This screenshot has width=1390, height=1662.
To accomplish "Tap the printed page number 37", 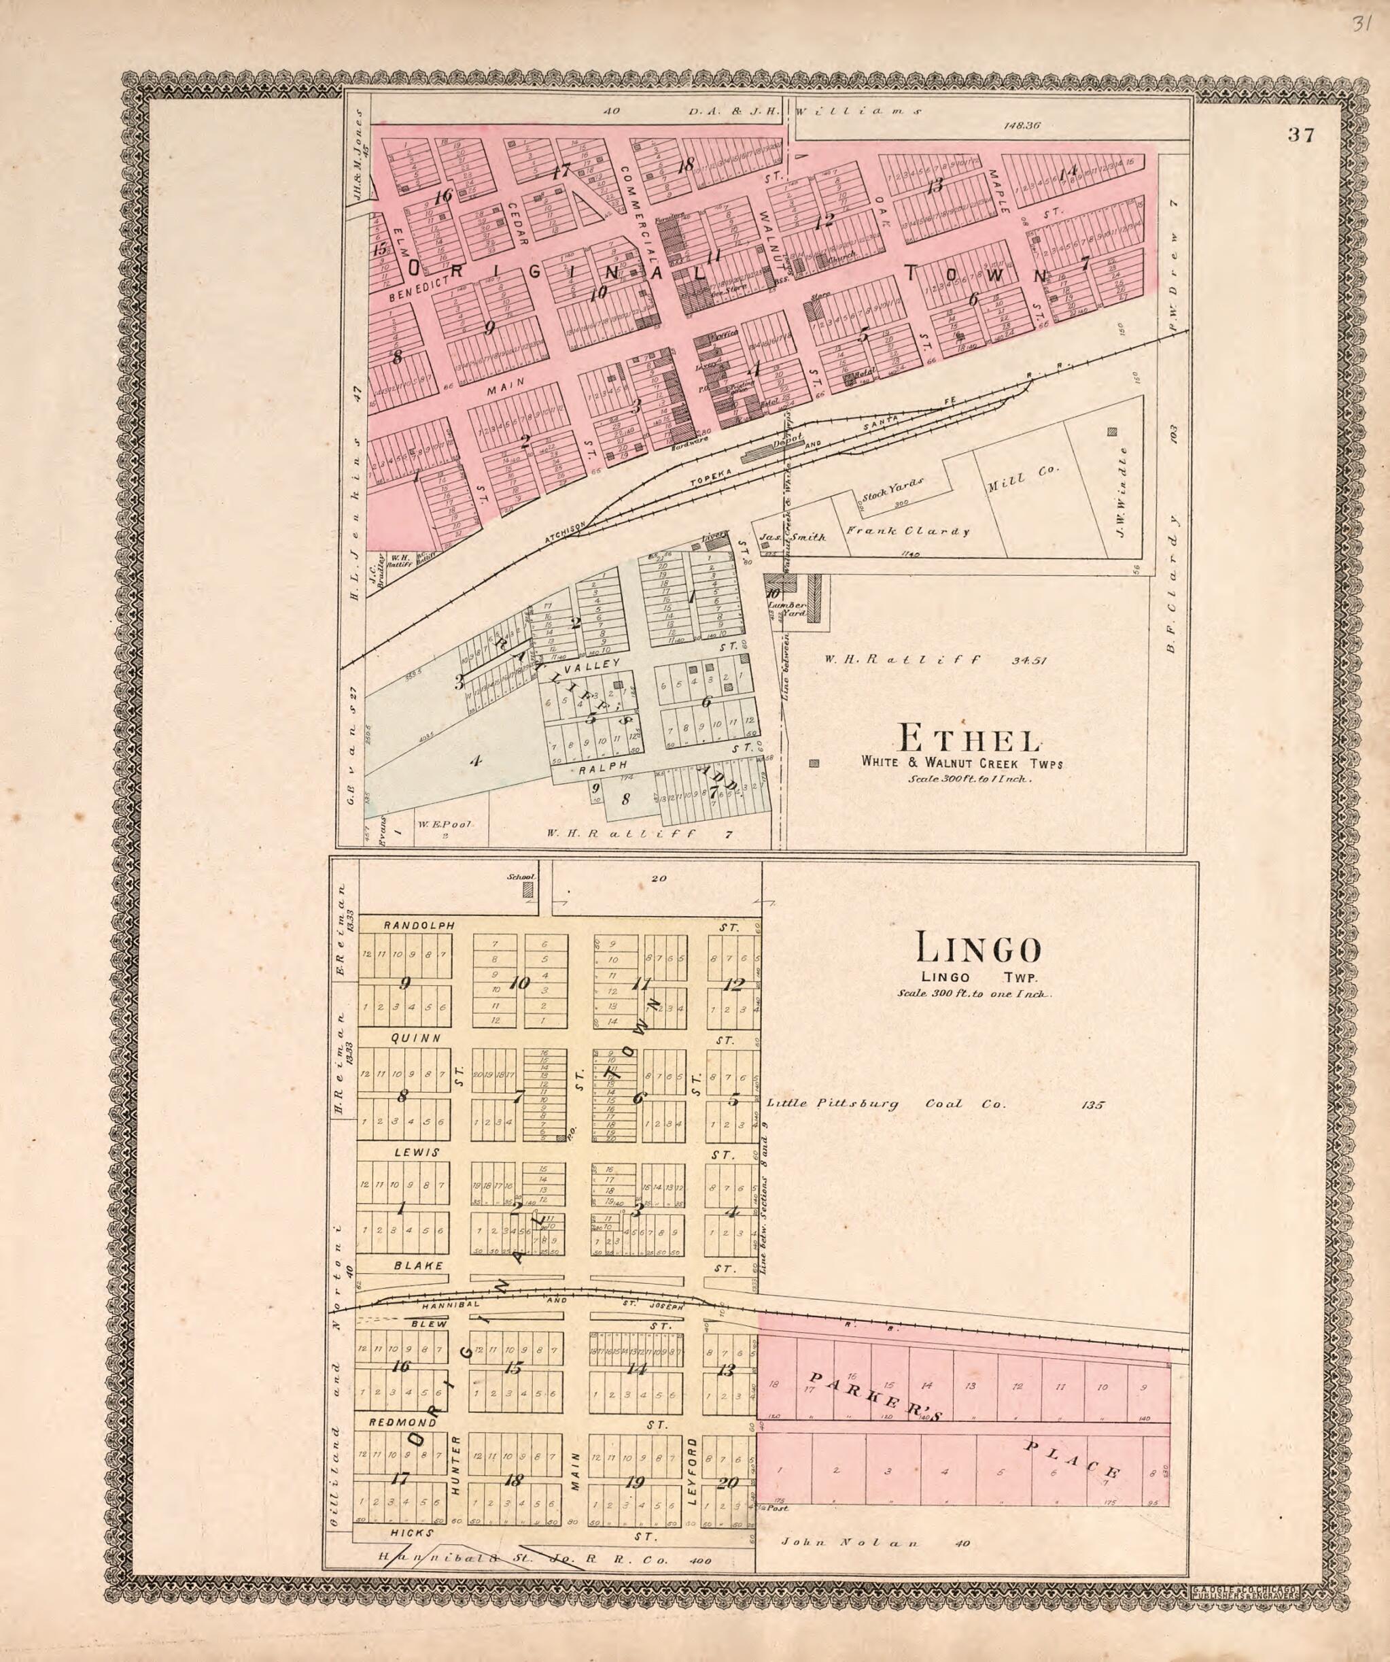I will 1300,135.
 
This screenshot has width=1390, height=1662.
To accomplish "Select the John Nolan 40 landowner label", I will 873,1542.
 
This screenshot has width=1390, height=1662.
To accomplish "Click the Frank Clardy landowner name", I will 907,531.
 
